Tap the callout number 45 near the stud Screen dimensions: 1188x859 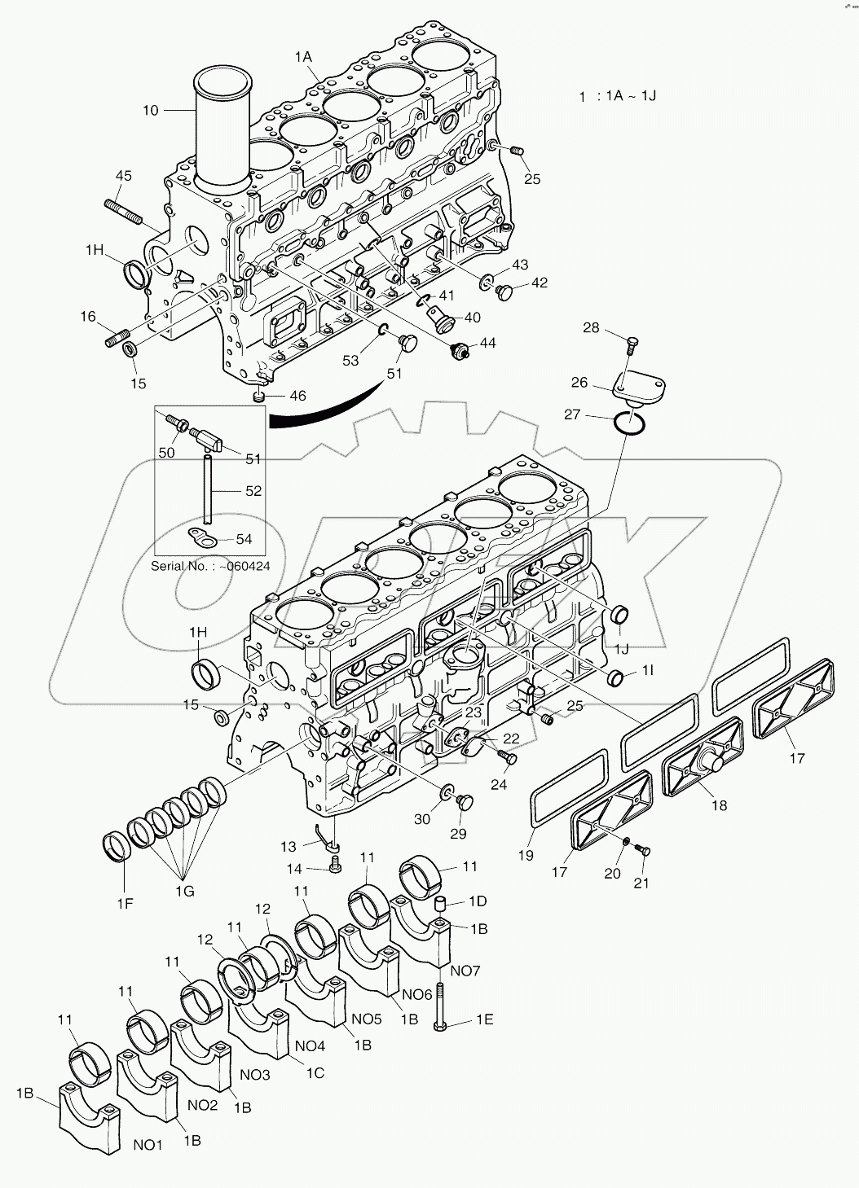[x=123, y=175]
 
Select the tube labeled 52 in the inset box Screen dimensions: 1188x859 [x=209, y=491]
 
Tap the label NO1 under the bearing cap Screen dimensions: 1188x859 [x=148, y=1144]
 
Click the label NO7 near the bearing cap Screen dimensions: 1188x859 [x=465, y=970]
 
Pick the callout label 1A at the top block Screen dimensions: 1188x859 [x=303, y=56]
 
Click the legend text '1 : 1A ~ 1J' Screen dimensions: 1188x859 [x=617, y=96]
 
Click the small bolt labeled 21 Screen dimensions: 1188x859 [x=644, y=851]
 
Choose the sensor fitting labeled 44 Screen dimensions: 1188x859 [x=462, y=352]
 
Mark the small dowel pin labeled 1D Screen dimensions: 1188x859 [x=441, y=903]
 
